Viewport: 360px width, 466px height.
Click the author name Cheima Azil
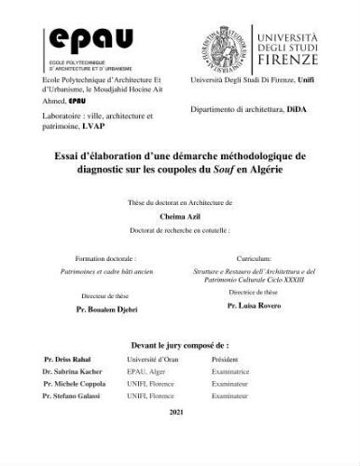click(179, 214)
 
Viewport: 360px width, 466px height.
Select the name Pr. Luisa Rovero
click(254, 305)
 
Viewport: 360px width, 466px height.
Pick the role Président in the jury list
click(226, 358)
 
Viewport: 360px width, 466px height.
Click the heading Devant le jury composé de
click(179, 344)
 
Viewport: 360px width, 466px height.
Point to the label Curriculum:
click(253, 257)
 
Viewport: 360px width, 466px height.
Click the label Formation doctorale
click(104, 257)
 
